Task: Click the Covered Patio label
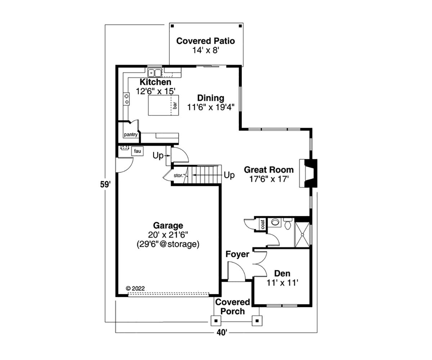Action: [206, 41]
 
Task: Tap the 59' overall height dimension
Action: [105, 185]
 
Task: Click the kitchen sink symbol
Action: [155, 72]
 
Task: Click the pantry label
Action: [130, 135]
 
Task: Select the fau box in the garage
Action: [137, 151]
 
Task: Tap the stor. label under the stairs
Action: [178, 176]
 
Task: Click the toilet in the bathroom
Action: [288, 225]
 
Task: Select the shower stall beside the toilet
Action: [302, 234]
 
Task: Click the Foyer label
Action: [237, 255]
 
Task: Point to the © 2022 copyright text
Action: [135, 288]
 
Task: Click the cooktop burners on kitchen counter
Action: [127, 99]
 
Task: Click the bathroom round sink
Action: [275, 222]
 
